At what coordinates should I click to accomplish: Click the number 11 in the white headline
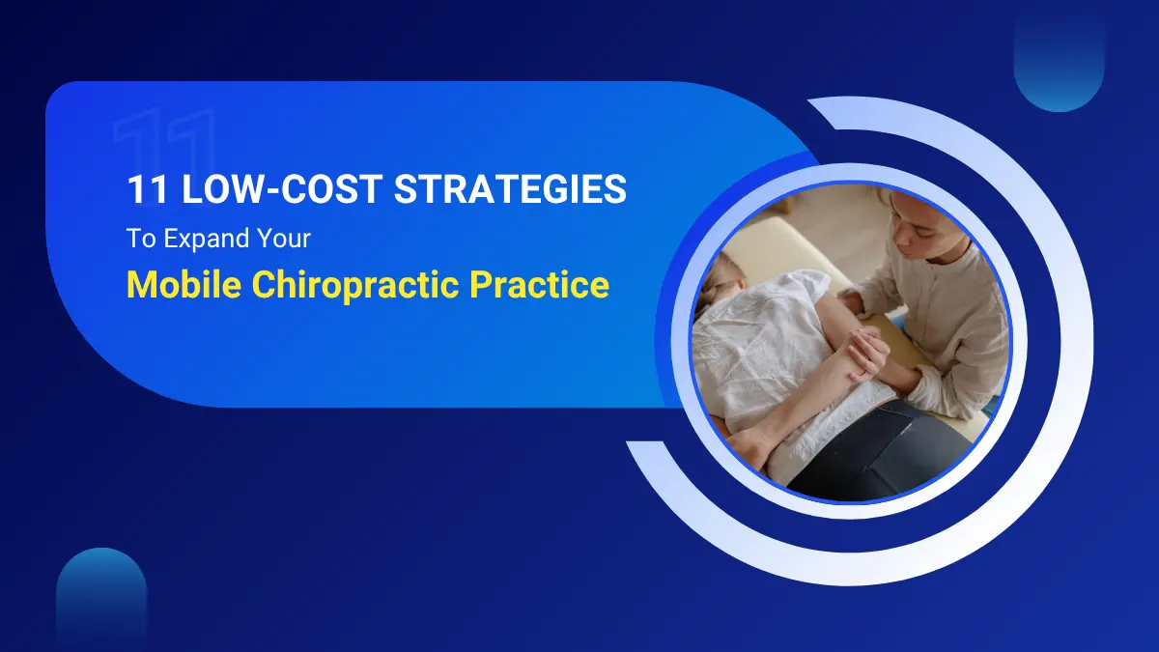(x=146, y=189)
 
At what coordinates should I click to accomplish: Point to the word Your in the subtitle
(x=284, y=239)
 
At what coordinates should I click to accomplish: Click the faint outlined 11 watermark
(x=164, y=145)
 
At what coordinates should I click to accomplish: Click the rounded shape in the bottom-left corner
(x=100, y=599)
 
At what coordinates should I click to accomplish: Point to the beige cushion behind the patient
(x=773, y=241)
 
